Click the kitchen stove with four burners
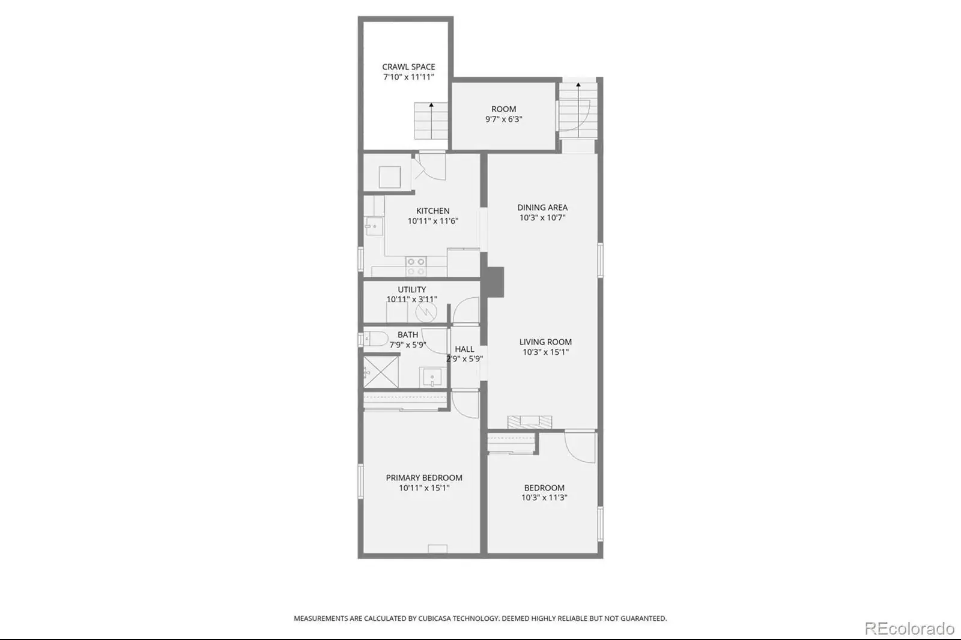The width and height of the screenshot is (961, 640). click(x=416, y=267)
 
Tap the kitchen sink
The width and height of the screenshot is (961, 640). click(x=374, y=226)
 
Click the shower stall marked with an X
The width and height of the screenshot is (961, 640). click(x=381, y=372)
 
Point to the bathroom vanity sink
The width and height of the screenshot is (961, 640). click(x=432, y=378)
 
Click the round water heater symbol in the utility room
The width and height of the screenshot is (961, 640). click(x=426, y=312)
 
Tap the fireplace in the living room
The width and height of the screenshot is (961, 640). click(x=530, y=421)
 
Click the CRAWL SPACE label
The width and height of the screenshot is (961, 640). click(x=408, y=67)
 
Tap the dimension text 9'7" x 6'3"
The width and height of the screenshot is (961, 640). click(x=504, y=119)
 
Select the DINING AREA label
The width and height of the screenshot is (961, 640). click(x=542, y=208)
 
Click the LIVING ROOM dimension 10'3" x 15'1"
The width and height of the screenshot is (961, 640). click(x=545, y=352)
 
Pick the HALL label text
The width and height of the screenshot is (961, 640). click(x=465, y=349)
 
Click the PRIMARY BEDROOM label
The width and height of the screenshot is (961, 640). click(x=424, y=478)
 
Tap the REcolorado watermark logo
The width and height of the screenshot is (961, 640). click(x=909, y=629)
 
